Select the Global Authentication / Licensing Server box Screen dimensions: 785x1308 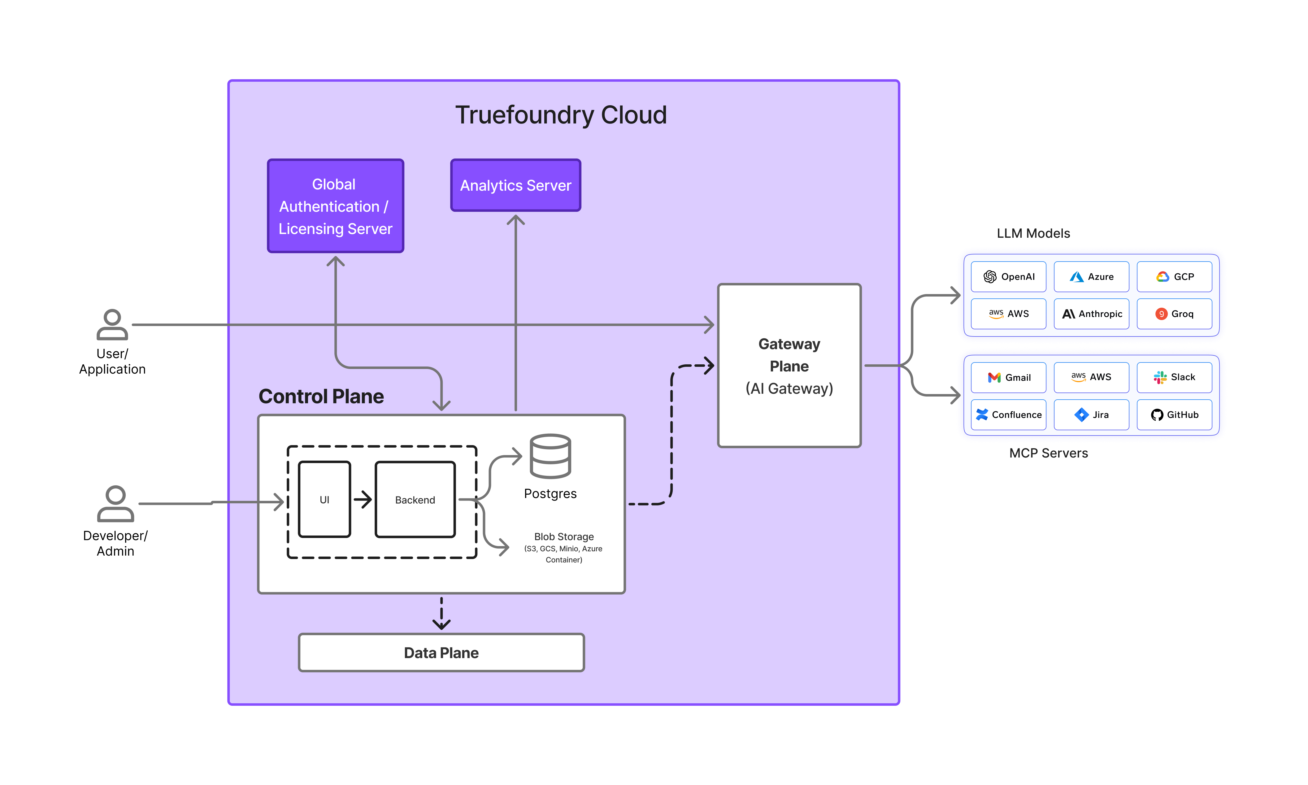pos(335,206)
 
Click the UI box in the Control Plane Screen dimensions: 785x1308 pos(324,499)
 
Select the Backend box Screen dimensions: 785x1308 pos(415,499)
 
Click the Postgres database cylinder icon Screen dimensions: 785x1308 pos(550,456)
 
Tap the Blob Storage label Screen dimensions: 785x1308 pos(564,536)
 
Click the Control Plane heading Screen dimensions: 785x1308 pos(321,396)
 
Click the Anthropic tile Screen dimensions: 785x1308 pos(1091,314)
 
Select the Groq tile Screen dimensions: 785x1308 pos(1174,314)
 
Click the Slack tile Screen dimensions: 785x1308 pos(1174,377)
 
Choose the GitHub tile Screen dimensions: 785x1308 pos(1174,415)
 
